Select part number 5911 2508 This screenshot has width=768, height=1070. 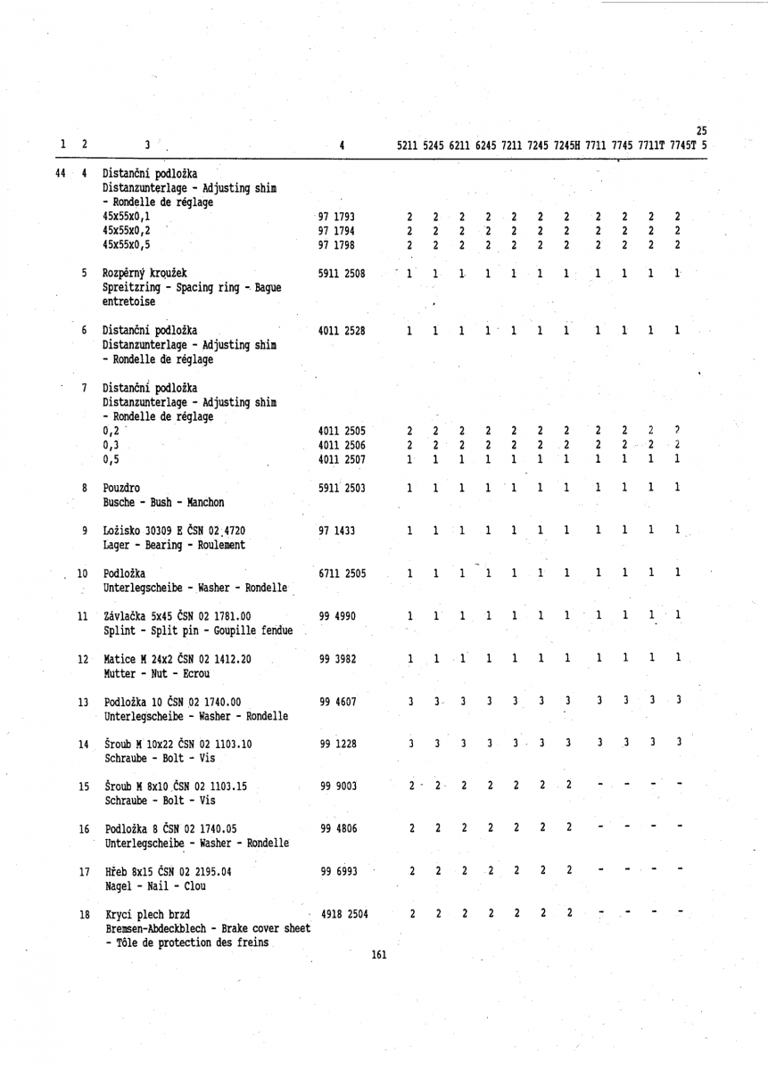click(x=341, y=273)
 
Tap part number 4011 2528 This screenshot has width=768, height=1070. click(x=341, y=331)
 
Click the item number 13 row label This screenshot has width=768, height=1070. click(x=84, y=702)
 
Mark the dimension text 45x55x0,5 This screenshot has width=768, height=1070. click(x=127, y=243)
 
